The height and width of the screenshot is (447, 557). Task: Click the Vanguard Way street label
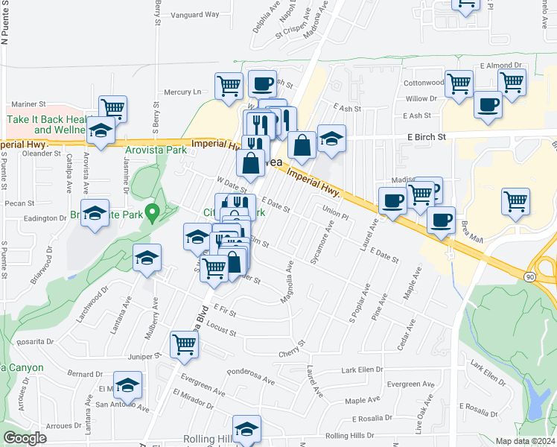195,14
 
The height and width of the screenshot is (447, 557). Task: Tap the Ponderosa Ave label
250,376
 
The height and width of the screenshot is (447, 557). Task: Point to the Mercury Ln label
182,92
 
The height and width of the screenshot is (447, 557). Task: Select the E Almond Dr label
501,66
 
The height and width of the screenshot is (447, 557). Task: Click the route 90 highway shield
529,277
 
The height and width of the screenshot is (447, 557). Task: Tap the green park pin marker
153,213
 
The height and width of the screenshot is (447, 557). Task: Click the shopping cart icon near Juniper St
184,344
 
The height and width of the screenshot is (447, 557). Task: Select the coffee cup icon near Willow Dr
488,104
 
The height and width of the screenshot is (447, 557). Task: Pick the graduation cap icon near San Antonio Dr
127,385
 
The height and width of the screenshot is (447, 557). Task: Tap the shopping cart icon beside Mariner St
112,108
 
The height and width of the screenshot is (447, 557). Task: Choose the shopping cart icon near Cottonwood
459,83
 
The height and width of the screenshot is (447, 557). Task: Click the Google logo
25,438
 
